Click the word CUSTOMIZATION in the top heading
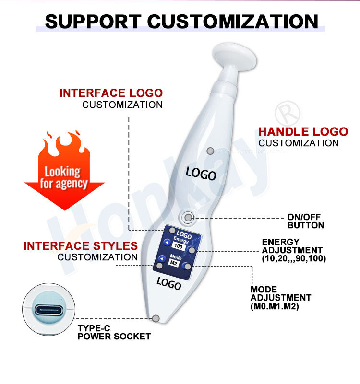tap(232, 21)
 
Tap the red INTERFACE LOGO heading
tap(111, 93)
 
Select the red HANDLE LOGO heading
tap(303, 132)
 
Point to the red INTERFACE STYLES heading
tap(81, 246)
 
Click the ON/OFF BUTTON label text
tap(305, 221)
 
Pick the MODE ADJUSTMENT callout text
tap(280, 298)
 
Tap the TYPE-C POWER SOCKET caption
tap(114, 332)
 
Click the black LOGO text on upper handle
tap(201, 173)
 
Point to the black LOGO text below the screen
tap(169, 284)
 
